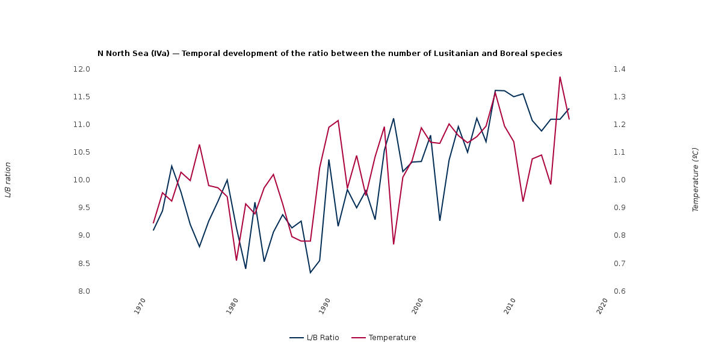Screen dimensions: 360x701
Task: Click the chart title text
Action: (330, 54)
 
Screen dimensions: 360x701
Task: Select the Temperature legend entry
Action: (392, 338)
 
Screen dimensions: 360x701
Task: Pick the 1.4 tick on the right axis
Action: (620, 69)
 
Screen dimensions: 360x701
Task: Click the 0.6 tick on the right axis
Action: (620, 291)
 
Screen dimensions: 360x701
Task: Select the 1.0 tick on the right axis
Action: (620, 180)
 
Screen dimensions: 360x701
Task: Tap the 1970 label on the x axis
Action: (140, 305)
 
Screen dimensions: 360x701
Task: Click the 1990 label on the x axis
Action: (325, 305)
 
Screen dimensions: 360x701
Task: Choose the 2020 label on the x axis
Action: (602, 305)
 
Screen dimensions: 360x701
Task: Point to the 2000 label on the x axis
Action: (418, 305)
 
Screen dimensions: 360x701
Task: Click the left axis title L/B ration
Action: (8, 180)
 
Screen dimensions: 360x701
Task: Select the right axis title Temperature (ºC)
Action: (696, 180)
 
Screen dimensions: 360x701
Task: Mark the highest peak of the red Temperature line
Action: (560, 77)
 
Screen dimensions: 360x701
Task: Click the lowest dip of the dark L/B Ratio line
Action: (310, 273)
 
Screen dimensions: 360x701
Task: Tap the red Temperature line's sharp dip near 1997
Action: (394, 244)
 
